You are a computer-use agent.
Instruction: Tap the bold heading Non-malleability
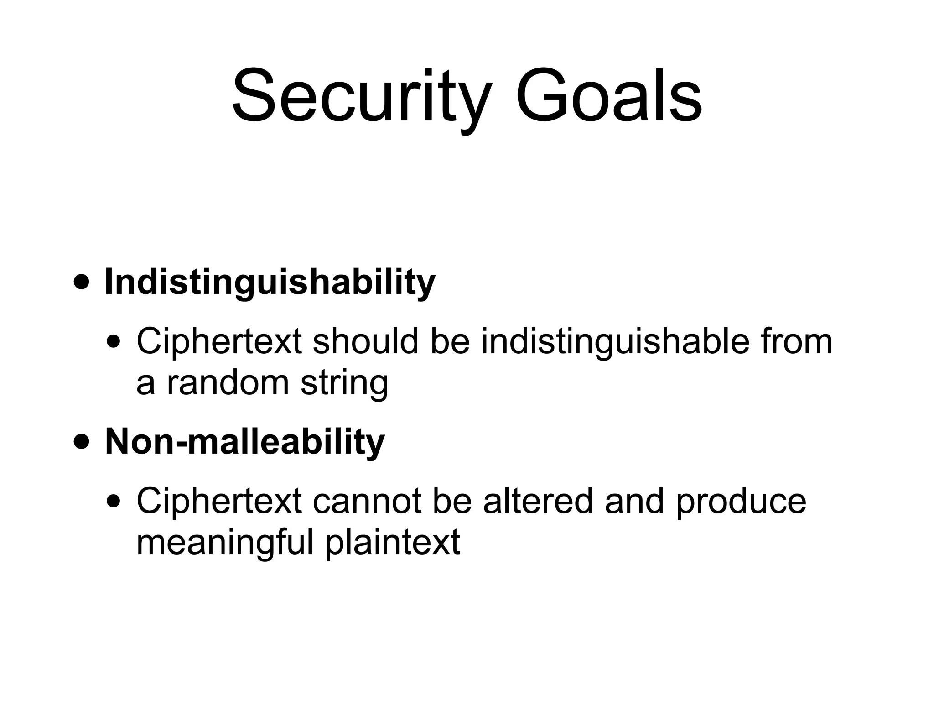(245, 442)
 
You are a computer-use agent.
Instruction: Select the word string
(344, 383)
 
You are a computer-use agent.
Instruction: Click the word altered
(538, 501)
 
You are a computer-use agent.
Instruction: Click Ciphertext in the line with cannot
(219, 501)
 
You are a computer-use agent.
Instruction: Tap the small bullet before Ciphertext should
(114, 342)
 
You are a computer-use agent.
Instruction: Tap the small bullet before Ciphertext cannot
(114, 502)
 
